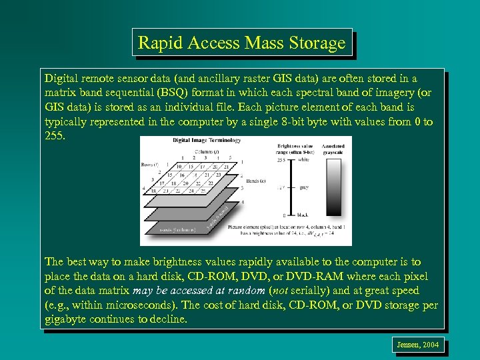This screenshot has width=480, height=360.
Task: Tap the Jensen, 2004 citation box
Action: [417, 345]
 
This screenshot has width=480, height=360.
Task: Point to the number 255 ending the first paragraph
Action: [56, 135]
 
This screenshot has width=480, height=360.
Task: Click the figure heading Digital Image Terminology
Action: [205, 141]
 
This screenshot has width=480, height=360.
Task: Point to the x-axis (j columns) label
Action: [176, 230]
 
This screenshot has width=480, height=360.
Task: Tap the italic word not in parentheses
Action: [280, 291]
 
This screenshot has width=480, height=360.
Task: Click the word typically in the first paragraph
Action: [67, 121]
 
